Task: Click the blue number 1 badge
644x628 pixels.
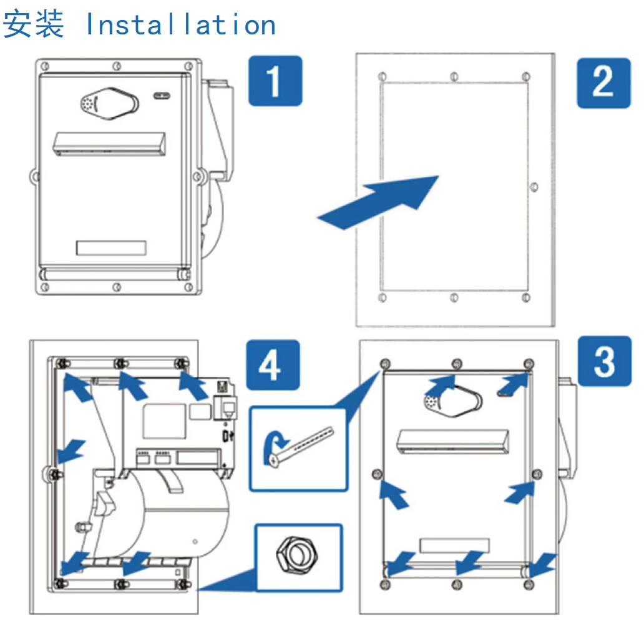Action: click(275, 80)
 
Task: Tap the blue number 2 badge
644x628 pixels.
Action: click(603, 82)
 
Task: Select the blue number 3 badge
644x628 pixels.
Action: click(603, 361)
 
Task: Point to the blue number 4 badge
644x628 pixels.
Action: click(271, 364)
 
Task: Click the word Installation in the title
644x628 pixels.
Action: click(180, 24)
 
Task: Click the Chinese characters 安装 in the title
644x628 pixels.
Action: click(34, 24)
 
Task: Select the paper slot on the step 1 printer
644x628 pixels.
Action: click(110, 143)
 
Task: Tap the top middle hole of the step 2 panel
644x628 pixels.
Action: click(454, 76)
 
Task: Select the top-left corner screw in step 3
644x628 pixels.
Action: click(384, 364)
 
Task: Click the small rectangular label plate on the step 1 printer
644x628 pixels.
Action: click(111, 247)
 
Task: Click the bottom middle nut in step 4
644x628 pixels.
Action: click(119, 584)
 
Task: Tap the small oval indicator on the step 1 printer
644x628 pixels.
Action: click(161, 96)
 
